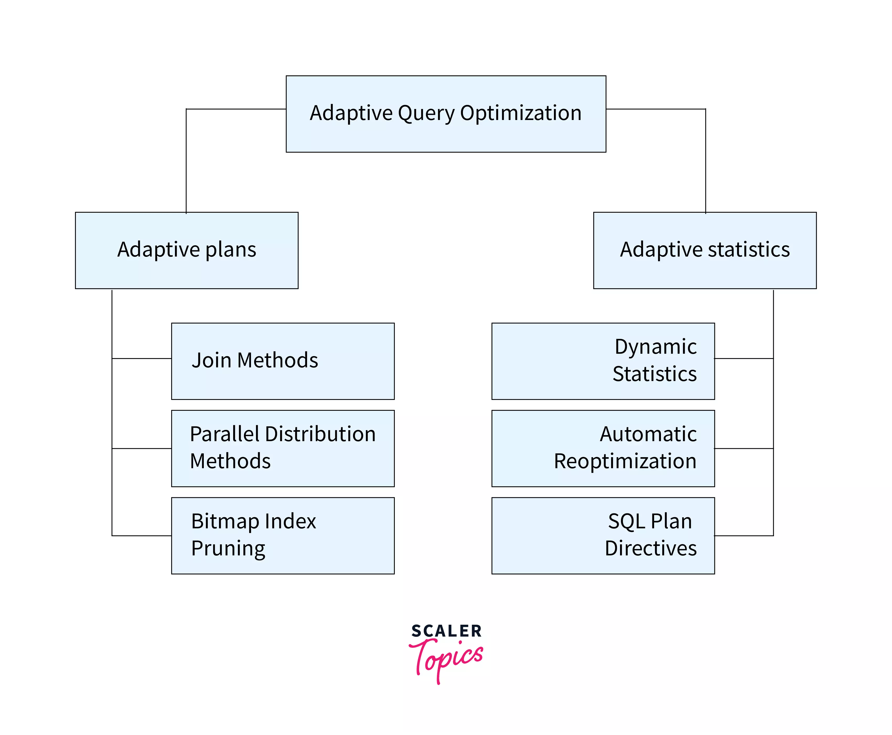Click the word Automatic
pos(648,434)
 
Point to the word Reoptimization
pos(625,461)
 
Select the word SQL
pos(626,521)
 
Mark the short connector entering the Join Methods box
pos(142,359)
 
